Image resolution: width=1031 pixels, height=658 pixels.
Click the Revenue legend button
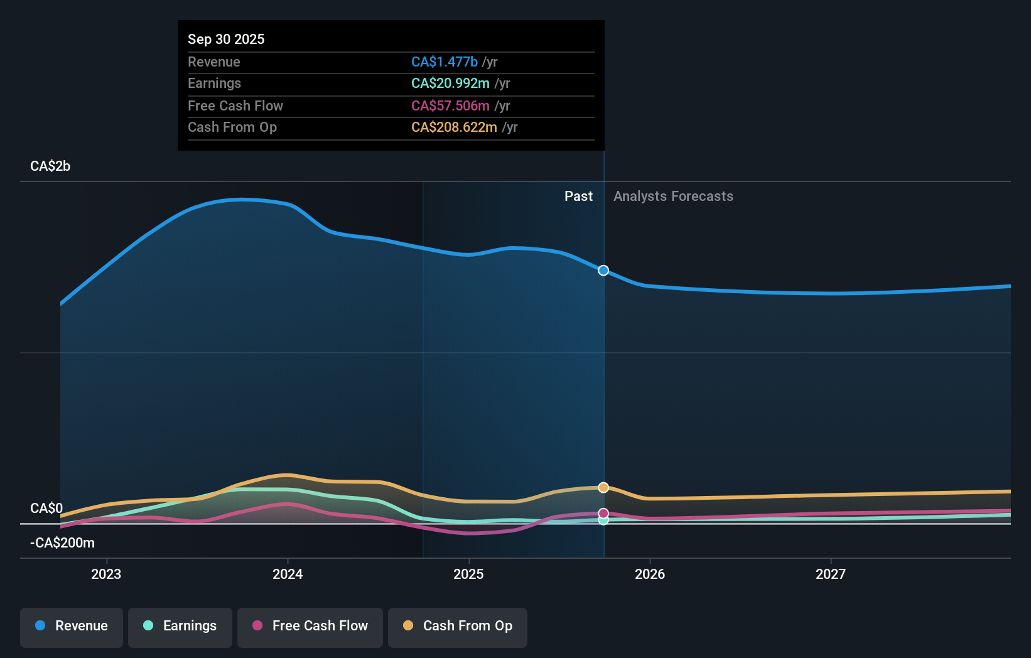click(72, 627)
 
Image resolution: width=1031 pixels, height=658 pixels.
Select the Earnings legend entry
click(180, 627)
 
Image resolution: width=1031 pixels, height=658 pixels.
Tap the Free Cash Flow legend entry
click(310, 627)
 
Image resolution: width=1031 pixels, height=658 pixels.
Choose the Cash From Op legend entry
click(458, 627)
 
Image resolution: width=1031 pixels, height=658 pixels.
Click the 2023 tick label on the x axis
click(106, 574)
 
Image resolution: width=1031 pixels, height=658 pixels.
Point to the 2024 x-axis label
click(288, 574)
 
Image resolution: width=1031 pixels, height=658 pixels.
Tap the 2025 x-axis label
click(468, 574)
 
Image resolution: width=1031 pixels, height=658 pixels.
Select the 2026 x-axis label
click(650, 574)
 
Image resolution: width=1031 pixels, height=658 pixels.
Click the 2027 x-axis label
click(831, 574)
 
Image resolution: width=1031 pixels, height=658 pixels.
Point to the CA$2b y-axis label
click(50, 166)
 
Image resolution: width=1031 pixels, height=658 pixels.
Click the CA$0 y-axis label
click(46, 508)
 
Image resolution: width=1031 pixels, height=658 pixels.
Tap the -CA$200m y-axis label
click(62, 543)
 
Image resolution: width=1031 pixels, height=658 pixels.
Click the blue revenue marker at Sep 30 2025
click(603, 271)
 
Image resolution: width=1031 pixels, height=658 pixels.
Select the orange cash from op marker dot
click(603, 488)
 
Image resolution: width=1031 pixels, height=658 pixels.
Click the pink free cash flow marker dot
click(603, 513)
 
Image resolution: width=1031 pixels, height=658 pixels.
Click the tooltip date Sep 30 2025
click(226, 40)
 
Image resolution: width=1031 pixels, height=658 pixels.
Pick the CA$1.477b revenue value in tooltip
click(445, 62)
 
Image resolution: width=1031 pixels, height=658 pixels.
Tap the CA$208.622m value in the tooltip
click(454, 127)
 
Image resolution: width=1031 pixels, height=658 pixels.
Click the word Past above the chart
click(578, 197)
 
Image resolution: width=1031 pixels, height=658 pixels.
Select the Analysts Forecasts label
click(673, 197)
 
